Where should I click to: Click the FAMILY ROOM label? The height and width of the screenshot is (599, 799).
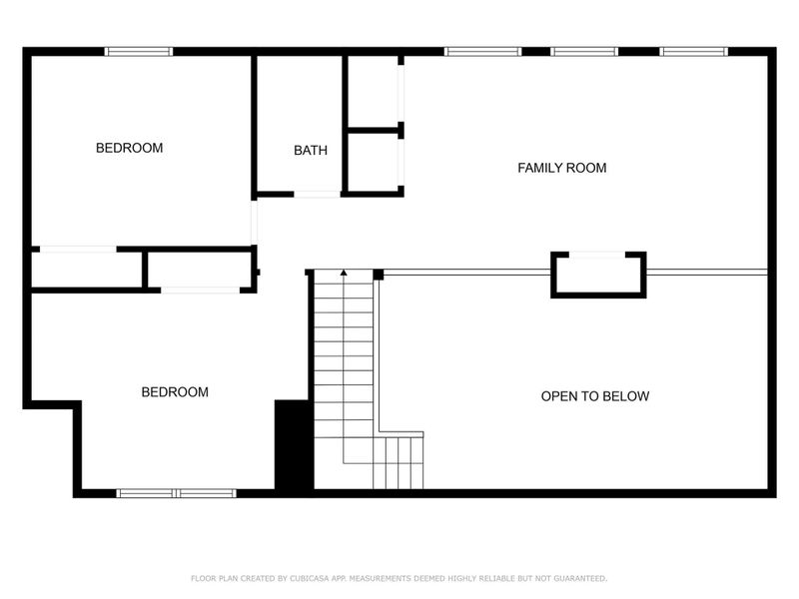pyautogui.click(x=561, y=168)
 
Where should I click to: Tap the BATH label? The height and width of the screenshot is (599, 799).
pyautogui.click(x=310, y=151)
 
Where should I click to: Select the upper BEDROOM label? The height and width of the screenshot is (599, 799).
pyautogui.click(x=129, y=148)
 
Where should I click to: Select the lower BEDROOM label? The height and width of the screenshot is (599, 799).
pyautogui.click(x=175, y=392)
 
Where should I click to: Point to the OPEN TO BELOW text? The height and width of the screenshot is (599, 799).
pyautogui.click(x=594, y=396)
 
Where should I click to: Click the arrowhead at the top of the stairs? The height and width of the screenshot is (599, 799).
pyautogui.click(x=344, y=272)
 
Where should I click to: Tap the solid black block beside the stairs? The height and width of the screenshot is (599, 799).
pyautogui.click(x=294, y=444)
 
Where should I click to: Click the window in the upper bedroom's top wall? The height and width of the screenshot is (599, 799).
pyautogui.click(x=139, y=51)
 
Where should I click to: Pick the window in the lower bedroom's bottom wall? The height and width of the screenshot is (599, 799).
pyautogui.click(x=176, y=493)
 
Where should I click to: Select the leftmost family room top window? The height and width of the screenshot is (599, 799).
pyautogui.click(x=482, y=51)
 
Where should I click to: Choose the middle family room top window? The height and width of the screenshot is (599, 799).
pyautogui.click(x=584, y=51)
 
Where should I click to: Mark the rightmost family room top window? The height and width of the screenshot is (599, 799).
pyautogui.click(x=692, y=51)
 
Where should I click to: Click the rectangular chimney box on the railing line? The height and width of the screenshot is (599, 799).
pyautogui.click(x=598, y=275)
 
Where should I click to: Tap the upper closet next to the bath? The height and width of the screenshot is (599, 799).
pyautogui.click(x=374, y=91)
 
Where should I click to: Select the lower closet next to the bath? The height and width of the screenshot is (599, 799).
pyautogui.click(x=374, y=162)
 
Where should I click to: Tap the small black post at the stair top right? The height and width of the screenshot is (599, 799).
pyautogui.click(x=379, y=274)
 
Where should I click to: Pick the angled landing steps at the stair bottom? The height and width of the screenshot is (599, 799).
pyautogui.click(x=399, y=461)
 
